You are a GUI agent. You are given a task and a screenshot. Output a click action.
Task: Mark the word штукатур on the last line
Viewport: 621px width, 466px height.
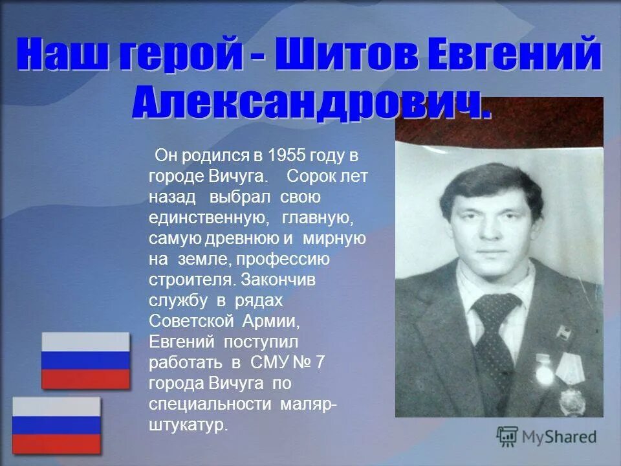coord(188,425)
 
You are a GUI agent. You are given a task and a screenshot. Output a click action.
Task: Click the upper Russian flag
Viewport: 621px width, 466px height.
coord(85,361)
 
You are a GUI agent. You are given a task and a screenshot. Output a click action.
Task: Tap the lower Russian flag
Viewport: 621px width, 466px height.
coord(57,425)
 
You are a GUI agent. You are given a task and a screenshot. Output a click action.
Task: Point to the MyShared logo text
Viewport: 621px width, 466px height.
coord(558,437)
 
